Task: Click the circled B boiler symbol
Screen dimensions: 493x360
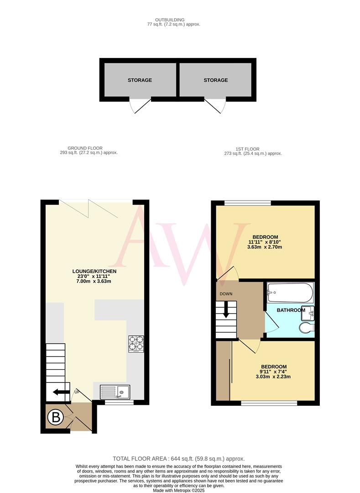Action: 56,417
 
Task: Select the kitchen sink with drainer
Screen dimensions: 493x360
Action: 115,391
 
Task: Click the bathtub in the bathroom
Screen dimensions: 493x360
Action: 290,293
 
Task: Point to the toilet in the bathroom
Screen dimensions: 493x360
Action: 306,328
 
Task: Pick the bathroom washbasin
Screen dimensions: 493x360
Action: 310,313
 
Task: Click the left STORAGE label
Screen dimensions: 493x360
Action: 140,80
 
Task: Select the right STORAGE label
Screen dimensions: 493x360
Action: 215,80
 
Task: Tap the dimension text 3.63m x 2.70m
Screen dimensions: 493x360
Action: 265,247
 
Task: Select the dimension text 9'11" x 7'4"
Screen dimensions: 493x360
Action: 274,372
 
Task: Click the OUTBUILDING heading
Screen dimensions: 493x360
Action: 169,20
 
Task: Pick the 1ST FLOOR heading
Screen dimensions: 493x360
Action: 248,149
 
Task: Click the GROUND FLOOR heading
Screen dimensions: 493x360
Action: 85,148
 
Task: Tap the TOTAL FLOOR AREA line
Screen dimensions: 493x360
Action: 179,458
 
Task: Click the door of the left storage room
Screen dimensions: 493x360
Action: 140,106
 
